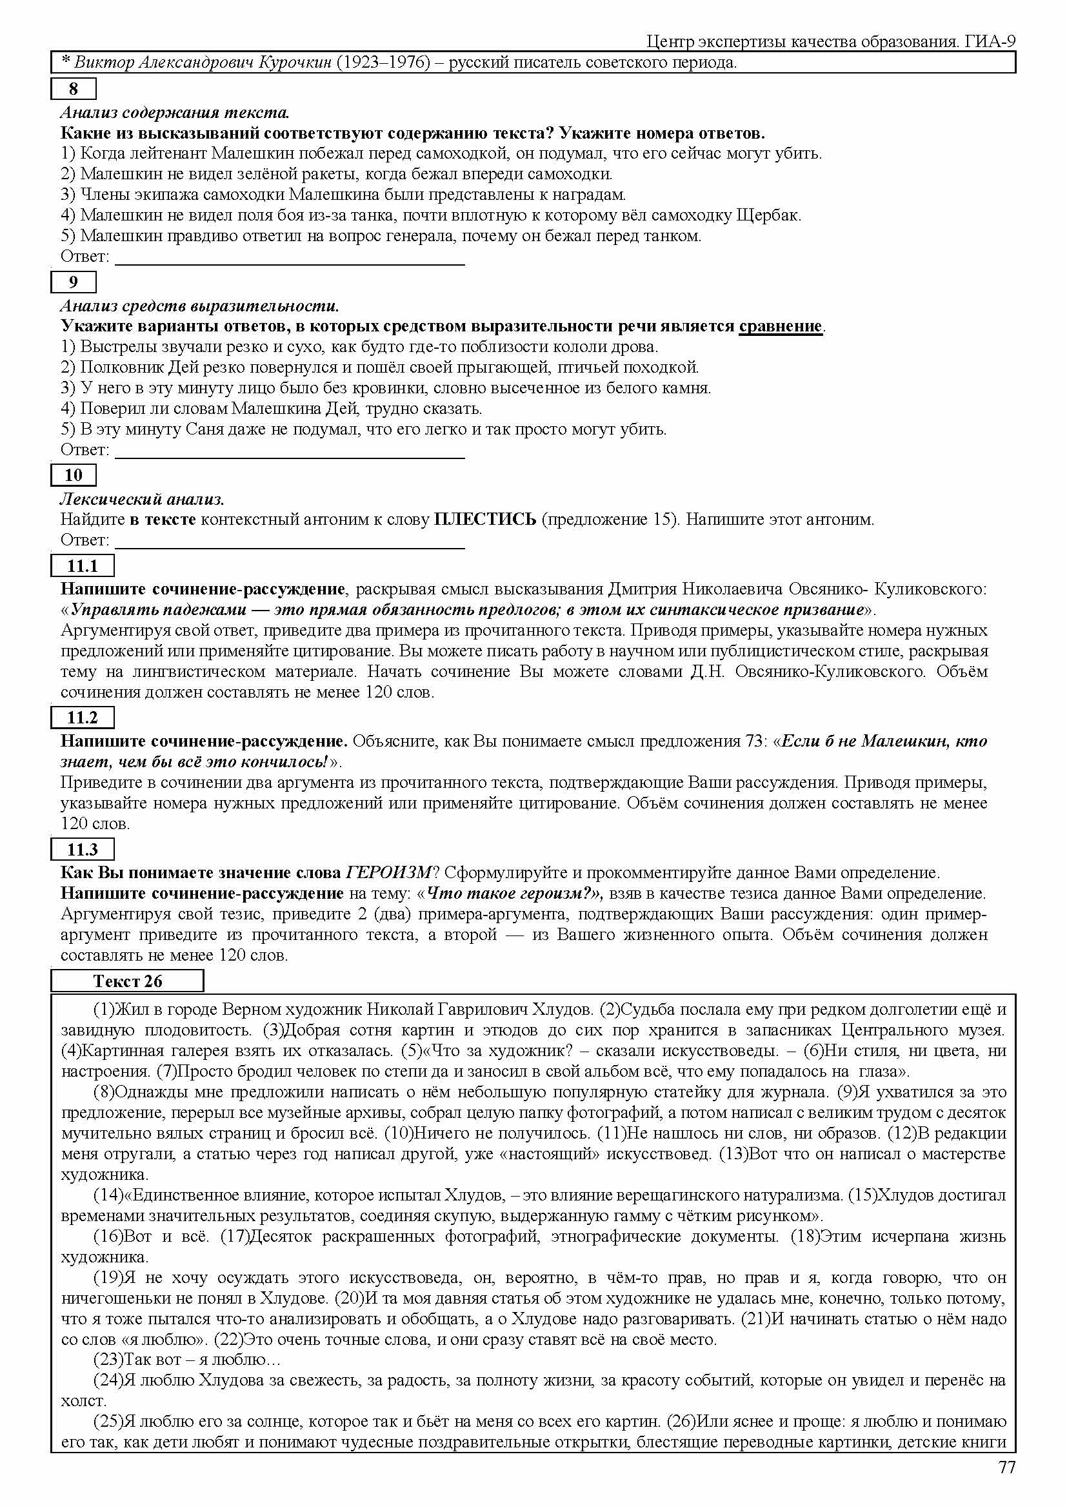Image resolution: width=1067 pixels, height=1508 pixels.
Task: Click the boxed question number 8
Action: (x=74, y=89)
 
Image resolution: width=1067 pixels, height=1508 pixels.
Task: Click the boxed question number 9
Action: (x=74, y=282)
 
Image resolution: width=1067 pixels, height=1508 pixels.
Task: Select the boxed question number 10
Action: (x=74, y=475)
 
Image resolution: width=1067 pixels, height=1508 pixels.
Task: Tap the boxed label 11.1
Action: (x=82, y=565)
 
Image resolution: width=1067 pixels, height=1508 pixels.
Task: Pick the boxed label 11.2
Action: (x=82, y=717)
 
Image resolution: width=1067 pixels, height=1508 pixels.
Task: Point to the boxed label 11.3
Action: (x=82, y=849)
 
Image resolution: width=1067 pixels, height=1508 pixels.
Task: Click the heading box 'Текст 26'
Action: (x=128, y=981)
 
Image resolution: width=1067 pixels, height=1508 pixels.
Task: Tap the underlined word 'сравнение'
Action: (x=781, y=326)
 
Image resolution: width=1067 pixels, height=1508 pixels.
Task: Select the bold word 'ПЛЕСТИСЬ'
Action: (x=486, y=520)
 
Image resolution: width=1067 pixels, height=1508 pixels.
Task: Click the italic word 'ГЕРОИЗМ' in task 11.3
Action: (x=389, y=873)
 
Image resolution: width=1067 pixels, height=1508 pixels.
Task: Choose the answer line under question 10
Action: (x=290, y=547)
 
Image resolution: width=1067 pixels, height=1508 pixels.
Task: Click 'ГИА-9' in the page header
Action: (x=991, y=42)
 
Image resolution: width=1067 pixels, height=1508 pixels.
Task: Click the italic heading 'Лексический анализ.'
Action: (x=143, y=499)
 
